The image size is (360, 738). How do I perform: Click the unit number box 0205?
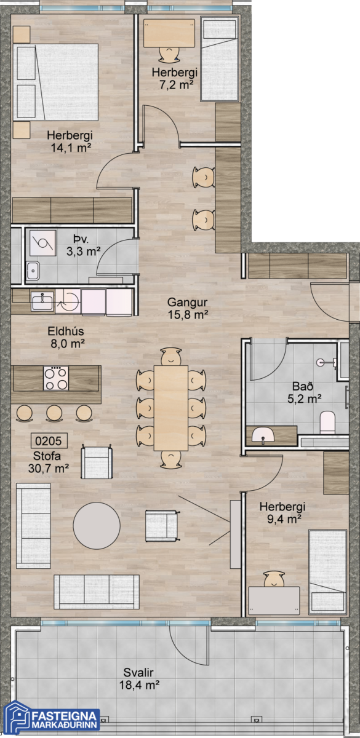[x=49, y=440]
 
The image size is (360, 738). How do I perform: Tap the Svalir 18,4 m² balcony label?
[x=139, y=679]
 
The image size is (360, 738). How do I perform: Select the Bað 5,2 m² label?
[x=304, y=392]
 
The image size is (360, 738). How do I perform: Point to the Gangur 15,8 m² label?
[x=188, y=308]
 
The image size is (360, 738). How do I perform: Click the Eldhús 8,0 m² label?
[x=67, y=338]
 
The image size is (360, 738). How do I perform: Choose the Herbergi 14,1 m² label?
[x=70, y=141]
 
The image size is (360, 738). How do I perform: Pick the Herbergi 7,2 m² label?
[x=175, y=79]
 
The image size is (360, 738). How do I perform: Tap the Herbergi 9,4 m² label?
[x=282, y=513]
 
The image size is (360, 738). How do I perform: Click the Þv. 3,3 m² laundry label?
[x=83, y=245]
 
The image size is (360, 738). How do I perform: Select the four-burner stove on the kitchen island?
[x=56, y=378]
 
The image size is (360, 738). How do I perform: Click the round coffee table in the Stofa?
[x=97, y=525]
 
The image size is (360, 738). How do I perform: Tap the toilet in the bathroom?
[x=327, y=422]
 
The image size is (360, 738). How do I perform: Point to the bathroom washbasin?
[x=263, y=435]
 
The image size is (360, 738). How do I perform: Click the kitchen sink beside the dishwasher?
[x=42, y=301]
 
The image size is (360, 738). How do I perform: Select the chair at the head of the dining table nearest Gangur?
[x=171, y=356]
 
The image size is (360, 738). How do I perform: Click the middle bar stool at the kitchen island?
[x=54, y=413]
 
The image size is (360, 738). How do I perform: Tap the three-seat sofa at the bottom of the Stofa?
[x=97, y=592]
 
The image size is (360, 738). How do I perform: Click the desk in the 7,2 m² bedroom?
[x=169, y=33]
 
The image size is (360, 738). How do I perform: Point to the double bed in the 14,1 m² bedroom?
[x=56, y=82]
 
